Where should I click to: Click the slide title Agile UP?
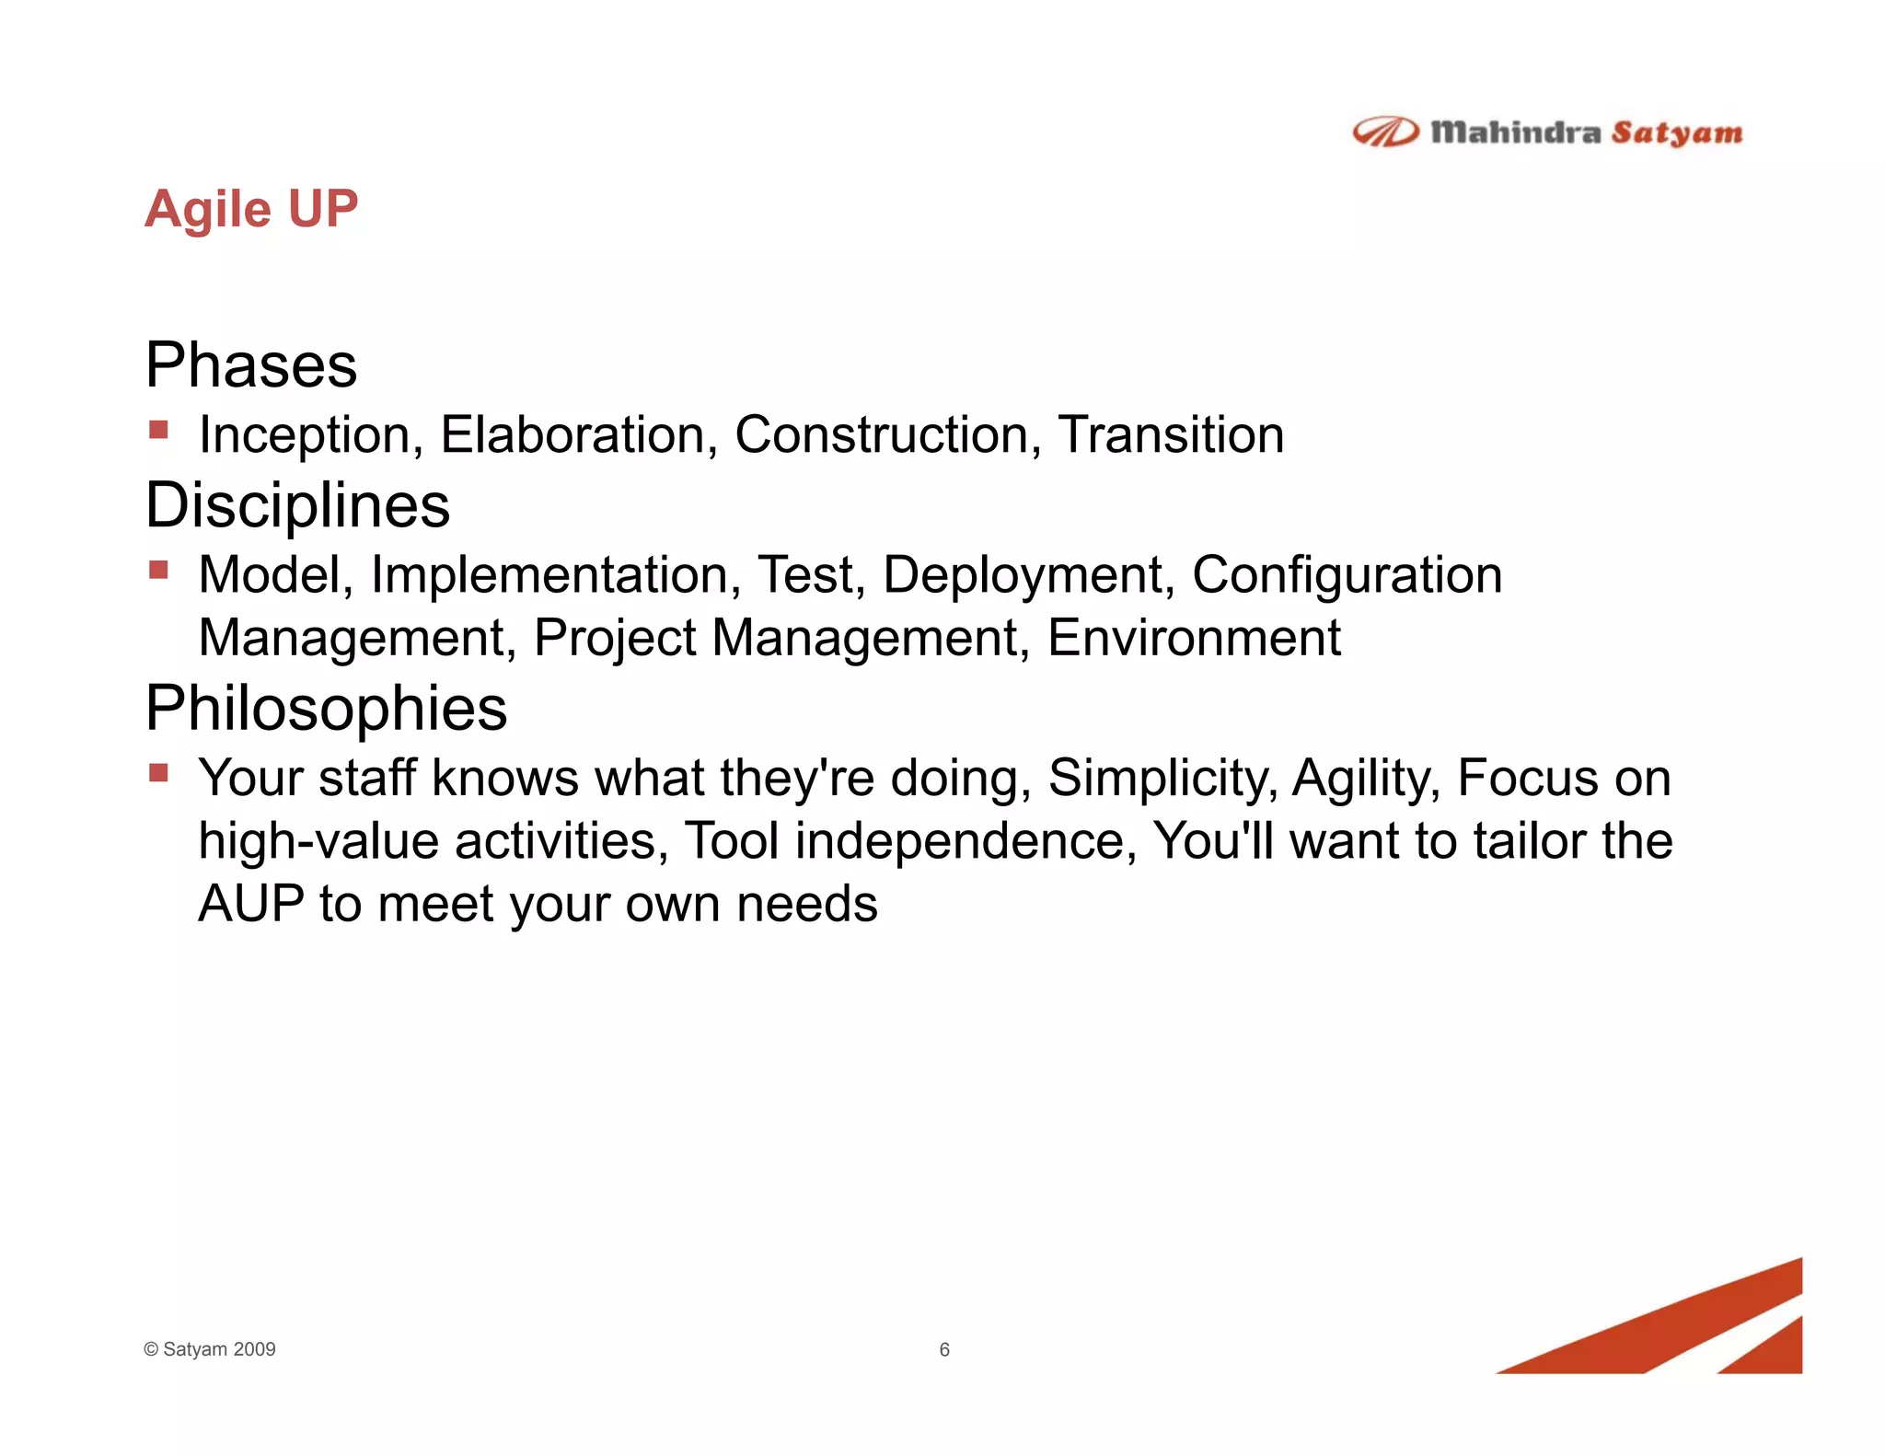pyautogui.click(x=250, y=209)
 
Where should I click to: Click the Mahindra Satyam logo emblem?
pyautogui.click(x=1384, y=133)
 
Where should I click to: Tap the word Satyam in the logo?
pyautogui.click(x=1676, y=133)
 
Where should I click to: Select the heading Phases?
pyautogui.click(x=250, y=365)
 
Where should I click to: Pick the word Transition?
pyautogui.click(x=1170, y=434)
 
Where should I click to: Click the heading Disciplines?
pyautogui.click(x=297, y=505)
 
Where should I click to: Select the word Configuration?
pyautogui.click(x=1347, y=575)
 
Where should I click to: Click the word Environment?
pyautogui.click(x=1194, y=638)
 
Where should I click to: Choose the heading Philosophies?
pyautogui.click(x=326, y=709)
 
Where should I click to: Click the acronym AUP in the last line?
pyautogui.click(x=250, y=904)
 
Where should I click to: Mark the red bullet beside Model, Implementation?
pyautogui.click(x=158, y=570)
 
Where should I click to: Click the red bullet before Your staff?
pyautogui.click(x=158, y=772)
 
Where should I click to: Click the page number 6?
pyautogui.click(x=943, y=1349)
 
